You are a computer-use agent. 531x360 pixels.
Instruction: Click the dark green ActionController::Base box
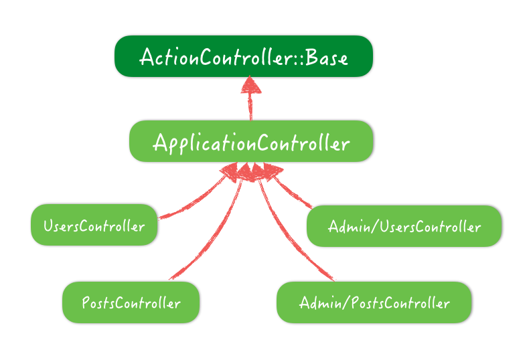pyautogui.click(x=244, y=56)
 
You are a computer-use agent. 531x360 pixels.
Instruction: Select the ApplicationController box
pyautogui.click(x=251, y=141)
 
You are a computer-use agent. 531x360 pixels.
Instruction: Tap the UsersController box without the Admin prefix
pyautogui.click(x=94, y=225)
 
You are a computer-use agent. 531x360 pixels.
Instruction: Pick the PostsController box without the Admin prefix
pyautogui.click(x=131, y=302)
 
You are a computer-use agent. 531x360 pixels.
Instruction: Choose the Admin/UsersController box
pyautogui.click(x=404, y=226)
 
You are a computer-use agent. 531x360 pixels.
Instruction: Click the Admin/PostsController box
pyautogui.click(x=374, y=302)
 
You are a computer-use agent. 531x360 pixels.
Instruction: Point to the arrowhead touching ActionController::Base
pyautogui.click(x=250, y=84)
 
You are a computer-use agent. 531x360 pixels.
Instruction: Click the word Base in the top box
pyautogui.click(x=327, y=58)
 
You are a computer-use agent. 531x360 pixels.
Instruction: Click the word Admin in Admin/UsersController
pyautogui.click(x=349, y=226)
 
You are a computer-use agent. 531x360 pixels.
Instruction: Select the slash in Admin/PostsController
pyautogui.click(x=346, y=302)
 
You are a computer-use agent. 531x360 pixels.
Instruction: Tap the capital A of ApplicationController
pyautogui.click(x=159, y=143)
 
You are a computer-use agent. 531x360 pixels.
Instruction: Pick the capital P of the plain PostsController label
pyautogui.click(x=86, y=302)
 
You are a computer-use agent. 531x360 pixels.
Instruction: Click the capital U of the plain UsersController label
pyautogui.click(x=48, y=226)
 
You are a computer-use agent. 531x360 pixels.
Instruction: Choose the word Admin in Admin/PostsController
pyautogui.click(x=320, y=302)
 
